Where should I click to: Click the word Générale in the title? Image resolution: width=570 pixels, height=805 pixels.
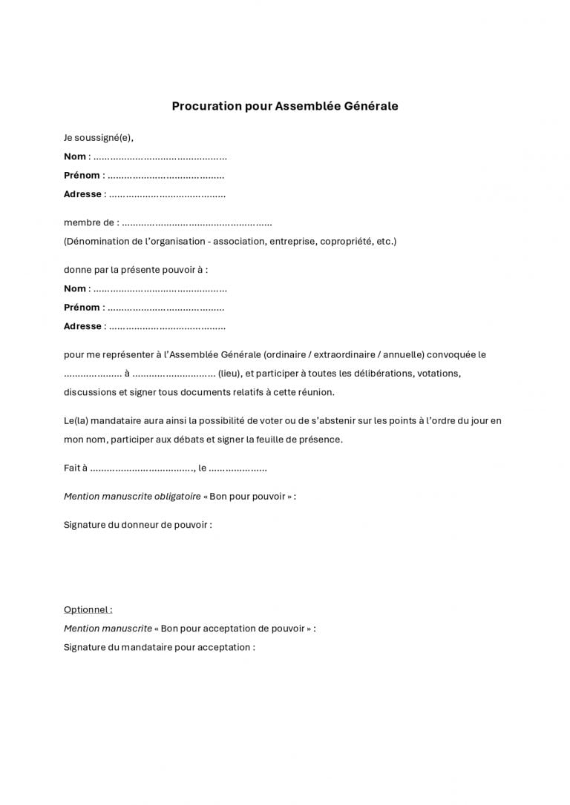tap(371, 106)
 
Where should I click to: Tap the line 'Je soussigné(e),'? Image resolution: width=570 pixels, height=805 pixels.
tap(99, 138)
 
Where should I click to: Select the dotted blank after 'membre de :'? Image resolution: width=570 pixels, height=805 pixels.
tap(197, 223)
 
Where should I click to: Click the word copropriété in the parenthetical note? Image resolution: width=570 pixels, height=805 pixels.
tap(346, 242)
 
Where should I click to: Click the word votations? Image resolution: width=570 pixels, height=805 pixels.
tap(439, 374)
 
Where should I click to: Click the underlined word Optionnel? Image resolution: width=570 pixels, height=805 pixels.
tap(87, 610)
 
